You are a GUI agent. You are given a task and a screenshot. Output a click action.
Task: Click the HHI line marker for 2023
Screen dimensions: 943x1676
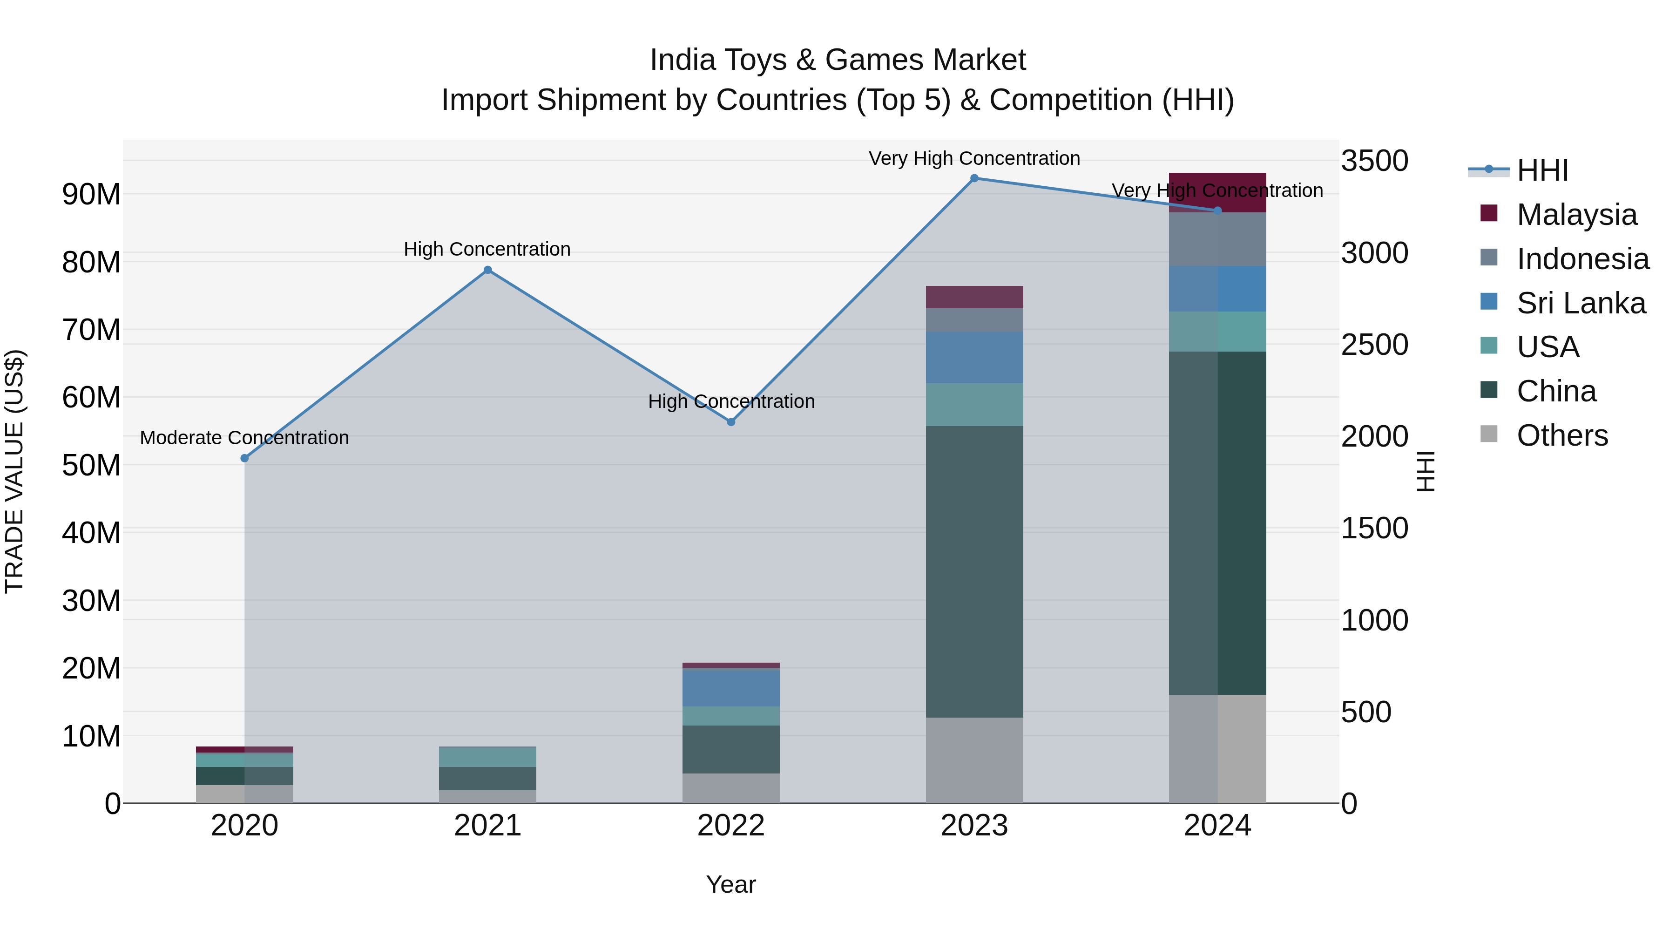point(974,178)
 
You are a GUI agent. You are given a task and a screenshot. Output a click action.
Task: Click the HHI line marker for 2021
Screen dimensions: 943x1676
point(488,270)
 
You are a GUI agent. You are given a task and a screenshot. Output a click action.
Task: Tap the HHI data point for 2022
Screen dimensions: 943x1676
point(730,422)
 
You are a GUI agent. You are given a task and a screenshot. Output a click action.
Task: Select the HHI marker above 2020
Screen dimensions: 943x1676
point(244,458)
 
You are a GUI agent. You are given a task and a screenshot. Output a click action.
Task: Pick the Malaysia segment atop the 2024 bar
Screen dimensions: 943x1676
point(1217,193)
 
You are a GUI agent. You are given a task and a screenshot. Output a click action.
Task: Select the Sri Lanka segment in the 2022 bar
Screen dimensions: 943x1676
point(730,687)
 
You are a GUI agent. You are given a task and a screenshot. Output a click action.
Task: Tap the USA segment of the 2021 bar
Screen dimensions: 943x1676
point(488,756)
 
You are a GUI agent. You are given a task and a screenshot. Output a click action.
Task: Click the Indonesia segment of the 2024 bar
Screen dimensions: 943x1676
point(1217,239)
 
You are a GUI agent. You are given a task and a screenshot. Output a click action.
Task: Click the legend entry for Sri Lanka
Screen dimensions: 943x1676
point(1581,303)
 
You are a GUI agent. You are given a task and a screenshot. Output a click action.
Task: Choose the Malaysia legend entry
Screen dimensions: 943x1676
point(1576,215)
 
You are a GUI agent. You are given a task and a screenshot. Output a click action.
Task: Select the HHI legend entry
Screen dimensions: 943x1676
point(1542,170)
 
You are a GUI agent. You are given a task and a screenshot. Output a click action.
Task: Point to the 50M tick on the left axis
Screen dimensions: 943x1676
point(91,465)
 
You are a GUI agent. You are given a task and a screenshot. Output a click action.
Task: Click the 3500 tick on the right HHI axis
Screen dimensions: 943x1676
point(1374,161)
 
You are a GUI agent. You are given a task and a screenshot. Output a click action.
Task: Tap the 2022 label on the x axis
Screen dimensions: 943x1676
point(730,826)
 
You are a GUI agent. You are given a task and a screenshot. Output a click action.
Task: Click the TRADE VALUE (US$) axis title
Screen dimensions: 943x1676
point(14,471)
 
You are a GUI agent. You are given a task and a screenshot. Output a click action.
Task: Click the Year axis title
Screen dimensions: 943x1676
point(730,884)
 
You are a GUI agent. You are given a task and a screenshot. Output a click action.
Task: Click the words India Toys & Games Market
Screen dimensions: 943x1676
point(838,60)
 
